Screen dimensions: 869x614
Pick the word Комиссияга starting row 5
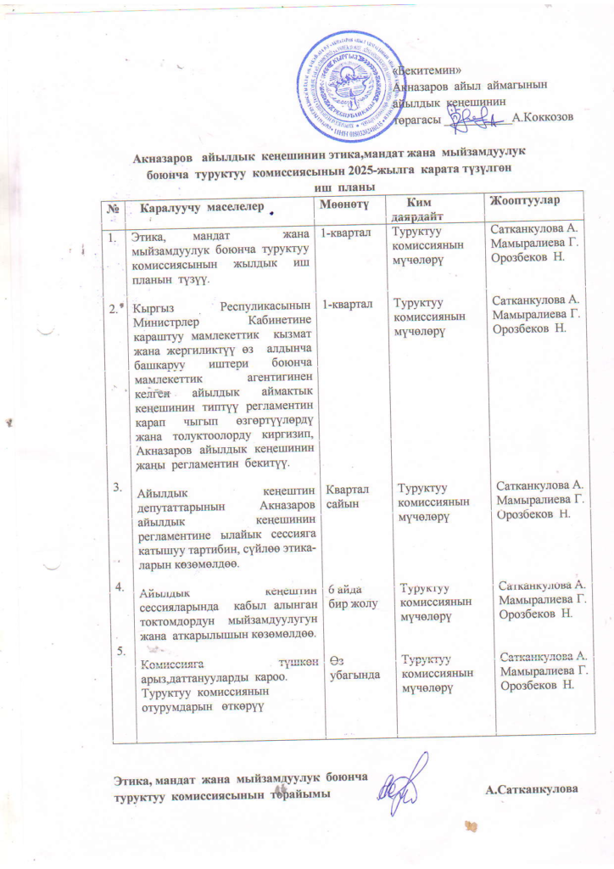click(173, 665)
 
